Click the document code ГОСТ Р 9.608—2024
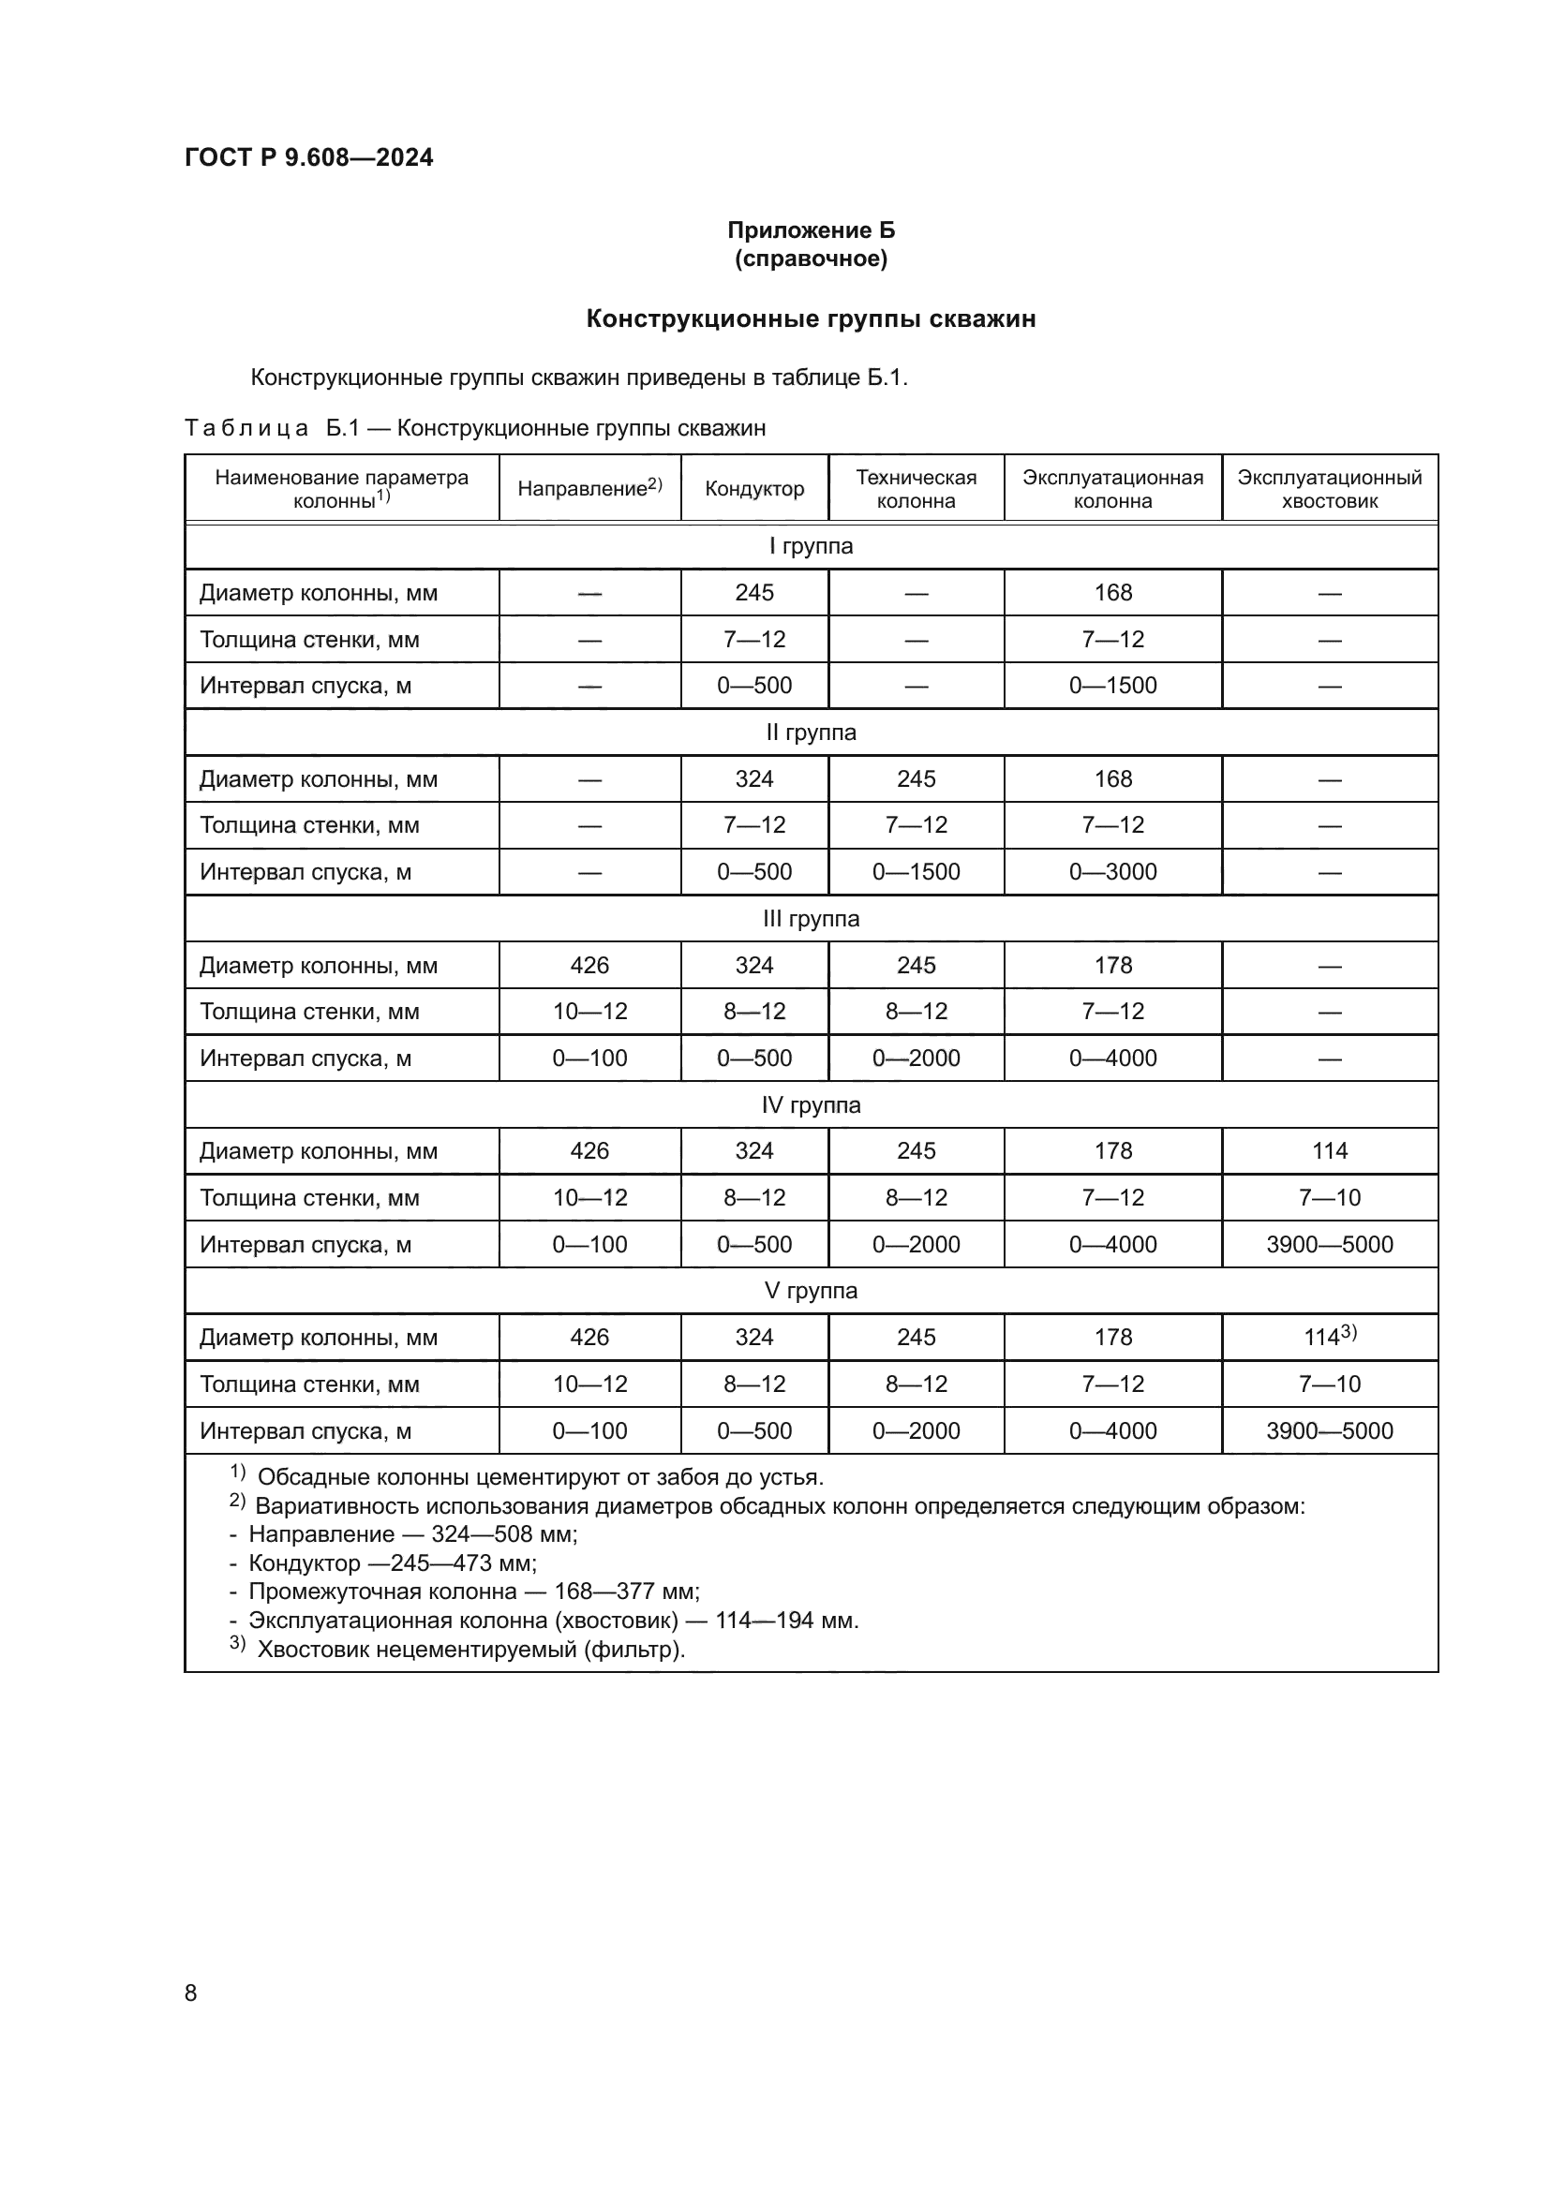(x=308, y=157)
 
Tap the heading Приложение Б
(x=811, y=230)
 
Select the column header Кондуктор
(x=754, y=489)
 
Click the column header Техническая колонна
(x=916, y=489)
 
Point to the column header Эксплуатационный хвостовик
(x=1329, y=489)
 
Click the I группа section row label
(x=811, y=546)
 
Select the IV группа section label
(x=811, y=1105)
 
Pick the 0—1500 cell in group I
(x=1112, y=685)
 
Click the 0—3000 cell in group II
(x=1112, y=871)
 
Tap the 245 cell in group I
(x=754, y=593)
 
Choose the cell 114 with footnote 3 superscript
(x=1329, y=1336)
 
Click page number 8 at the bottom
(x=191, y=1992)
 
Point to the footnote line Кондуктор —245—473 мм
(x=392, y=1563)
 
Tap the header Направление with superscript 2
(x=589, y=489)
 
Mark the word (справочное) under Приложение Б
(x=811, y=259)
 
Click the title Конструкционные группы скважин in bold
(x=811, y=318)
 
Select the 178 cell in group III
(x=1112, y=965)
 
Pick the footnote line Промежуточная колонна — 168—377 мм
(x=473, y=1591)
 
